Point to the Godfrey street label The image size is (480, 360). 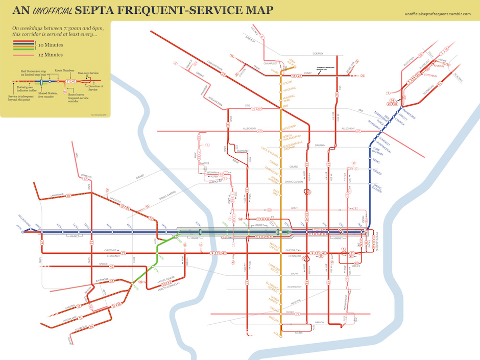318,53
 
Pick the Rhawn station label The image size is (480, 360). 440,65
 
